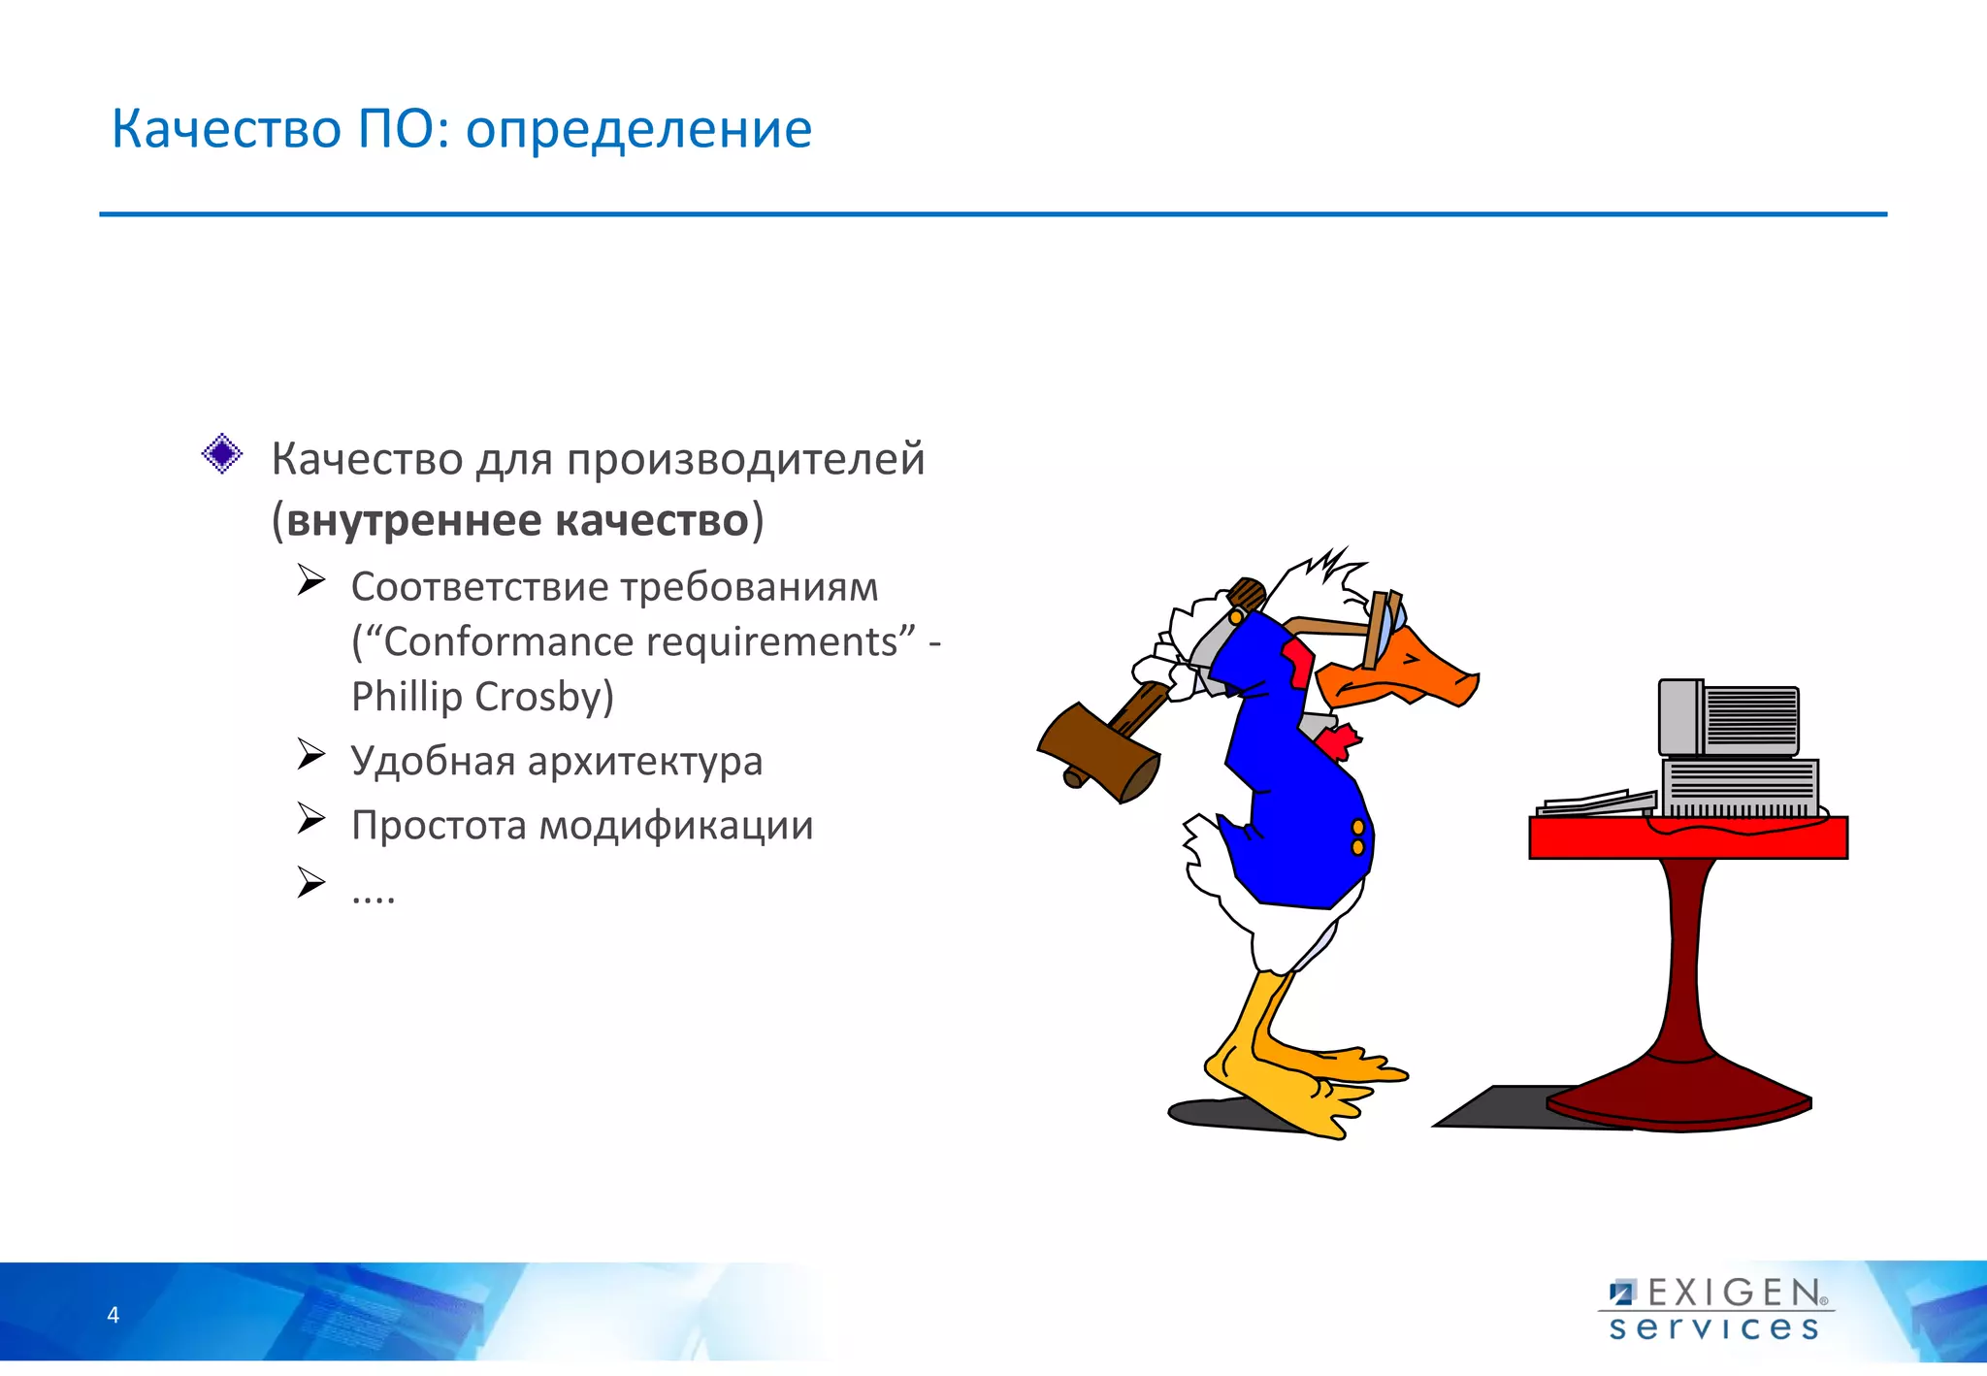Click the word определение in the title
click(638, 130)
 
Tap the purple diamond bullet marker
click(222, 453)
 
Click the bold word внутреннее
click(414, 520)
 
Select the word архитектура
click(644, 761)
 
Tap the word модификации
click(675, 825)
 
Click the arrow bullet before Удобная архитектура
click(310, 753)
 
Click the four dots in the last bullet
click(374, 897)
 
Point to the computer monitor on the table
click(1728, 718)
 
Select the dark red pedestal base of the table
click(1679, 1100)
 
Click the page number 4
click(114, 1315)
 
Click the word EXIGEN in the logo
click(1734, 1293)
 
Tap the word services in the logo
click(1713, 1327)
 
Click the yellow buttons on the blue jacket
click(1357, 836)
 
